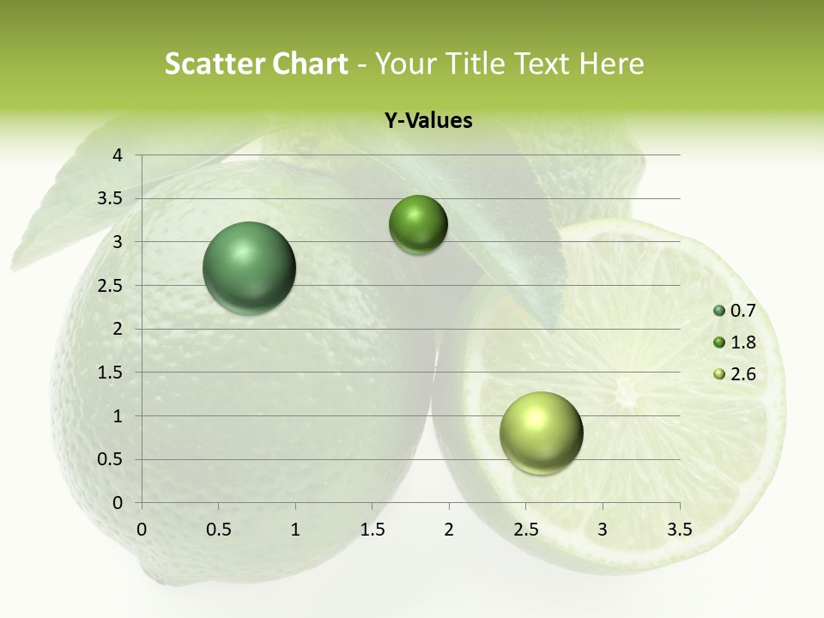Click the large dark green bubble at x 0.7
(250, 268)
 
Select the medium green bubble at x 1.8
(418, 225)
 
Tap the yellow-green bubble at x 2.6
(541, 433)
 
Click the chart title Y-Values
(428, 121)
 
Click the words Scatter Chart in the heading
(256, 64)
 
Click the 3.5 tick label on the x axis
(679, 530)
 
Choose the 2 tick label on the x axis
(449, 530)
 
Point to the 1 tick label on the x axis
(295, 530)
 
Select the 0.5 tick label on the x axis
(218, 530)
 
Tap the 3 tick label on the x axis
(603, 530)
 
